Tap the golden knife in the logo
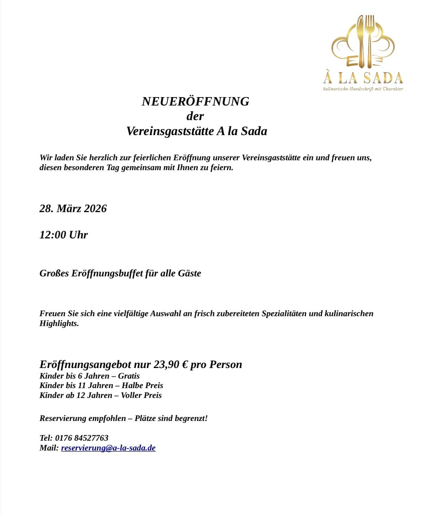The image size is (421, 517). [x=361, y=42]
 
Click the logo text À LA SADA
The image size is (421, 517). [x=363, y=77]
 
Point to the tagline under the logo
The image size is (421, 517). [x=363, y=89]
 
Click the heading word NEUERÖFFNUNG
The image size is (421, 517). [x=195, y=102]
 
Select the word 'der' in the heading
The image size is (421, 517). [x=195, y=116]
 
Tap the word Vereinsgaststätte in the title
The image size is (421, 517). [x=170, y=131]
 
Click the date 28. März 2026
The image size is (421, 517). [x=73, y=208]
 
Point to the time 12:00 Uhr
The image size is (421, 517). [x=63, y=235]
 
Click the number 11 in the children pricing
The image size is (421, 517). [x=82, y=386]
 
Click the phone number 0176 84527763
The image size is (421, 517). [x=82, y=438]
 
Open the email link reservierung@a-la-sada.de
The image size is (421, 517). [x=108, y=448]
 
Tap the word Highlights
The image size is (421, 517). [x=59, y=323]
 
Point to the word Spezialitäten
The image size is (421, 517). [x=284, y=314]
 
